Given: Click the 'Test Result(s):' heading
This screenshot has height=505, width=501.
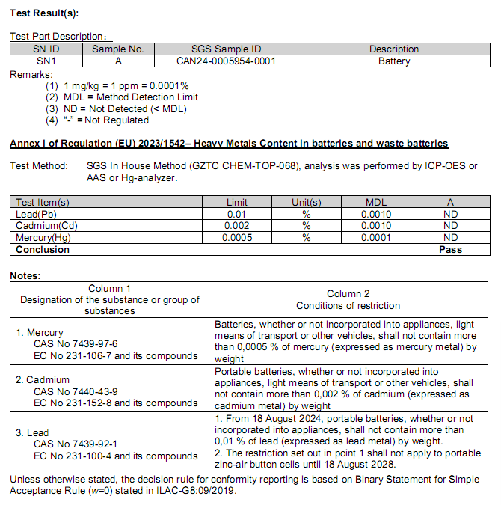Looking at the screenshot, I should pos(44,13).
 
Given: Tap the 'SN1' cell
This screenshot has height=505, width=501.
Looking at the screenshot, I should pos(46,61).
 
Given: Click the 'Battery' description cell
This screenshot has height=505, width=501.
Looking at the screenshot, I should pos(394,61).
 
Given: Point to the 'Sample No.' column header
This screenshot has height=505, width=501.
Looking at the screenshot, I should pos(117,49).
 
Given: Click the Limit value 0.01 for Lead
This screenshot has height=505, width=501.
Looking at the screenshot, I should pos(237,214).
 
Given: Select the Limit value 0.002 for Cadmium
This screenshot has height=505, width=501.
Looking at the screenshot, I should pos(237,226).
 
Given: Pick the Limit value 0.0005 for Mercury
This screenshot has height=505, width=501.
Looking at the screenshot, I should pos(237,238).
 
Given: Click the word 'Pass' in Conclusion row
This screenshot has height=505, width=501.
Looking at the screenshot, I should pos(450,250).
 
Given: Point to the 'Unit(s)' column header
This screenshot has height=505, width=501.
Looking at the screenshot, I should pos(307,202).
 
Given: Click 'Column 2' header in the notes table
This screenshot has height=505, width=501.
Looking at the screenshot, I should pos(348,294).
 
